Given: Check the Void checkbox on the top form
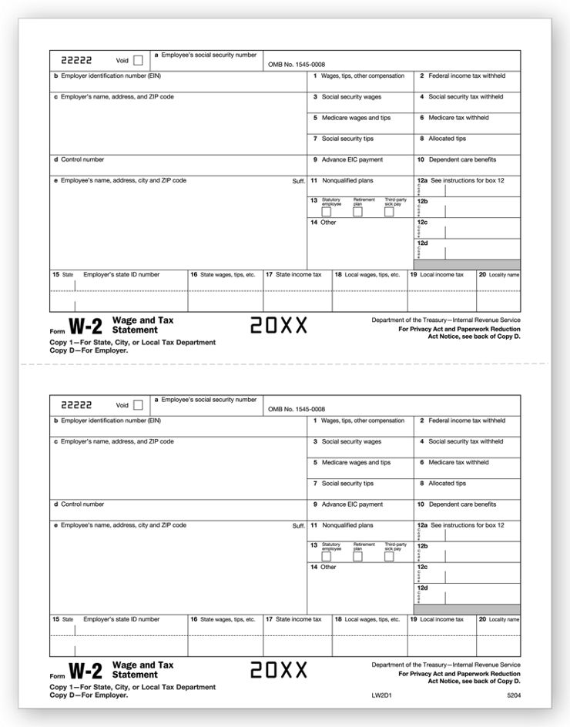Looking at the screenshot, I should click(138, 60).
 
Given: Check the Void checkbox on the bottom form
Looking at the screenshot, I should click(138, 404).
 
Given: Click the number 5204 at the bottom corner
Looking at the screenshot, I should click(513, 695).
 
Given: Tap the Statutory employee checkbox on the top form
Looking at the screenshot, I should click(327, 212).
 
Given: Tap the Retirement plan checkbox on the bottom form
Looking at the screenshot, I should click(357, 556).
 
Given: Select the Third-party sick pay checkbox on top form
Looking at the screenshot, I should click(389, 212).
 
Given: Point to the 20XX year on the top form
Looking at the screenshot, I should click(279, 326).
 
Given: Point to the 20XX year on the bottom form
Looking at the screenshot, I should click(279, 670).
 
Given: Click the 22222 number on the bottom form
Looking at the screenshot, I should click(76, 404).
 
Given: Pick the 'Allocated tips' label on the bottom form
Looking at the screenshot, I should click(447, 484).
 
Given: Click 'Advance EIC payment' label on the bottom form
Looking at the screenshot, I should click(352, 504).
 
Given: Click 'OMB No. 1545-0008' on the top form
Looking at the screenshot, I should click(297, 65).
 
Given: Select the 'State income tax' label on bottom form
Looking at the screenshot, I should click(298, 619).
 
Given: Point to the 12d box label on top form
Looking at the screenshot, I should click(422, 243).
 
